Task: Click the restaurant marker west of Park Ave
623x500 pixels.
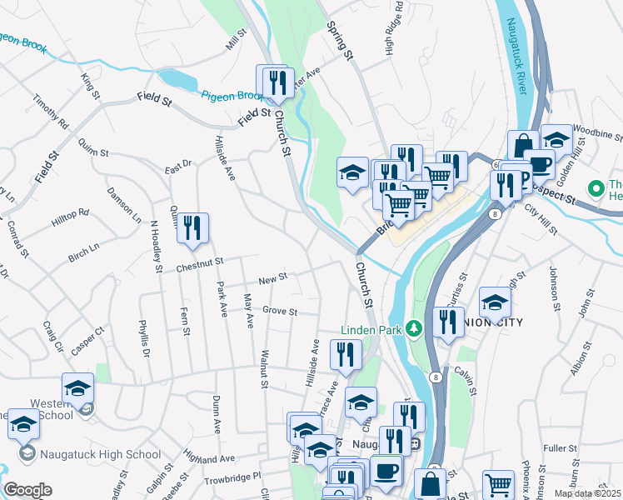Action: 192,228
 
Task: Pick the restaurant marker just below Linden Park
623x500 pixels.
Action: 344,356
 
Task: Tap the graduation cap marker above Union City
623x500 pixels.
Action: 495,303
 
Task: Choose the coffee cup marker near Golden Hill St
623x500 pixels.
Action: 538,165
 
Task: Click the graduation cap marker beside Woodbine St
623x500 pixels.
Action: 556,140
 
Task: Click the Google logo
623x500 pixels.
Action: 27,490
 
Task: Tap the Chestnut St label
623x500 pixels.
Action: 200,262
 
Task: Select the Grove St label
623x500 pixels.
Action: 280,312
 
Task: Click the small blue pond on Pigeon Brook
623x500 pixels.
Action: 177,82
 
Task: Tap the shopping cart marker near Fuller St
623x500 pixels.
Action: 497,484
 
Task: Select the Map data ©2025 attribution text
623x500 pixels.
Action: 588,493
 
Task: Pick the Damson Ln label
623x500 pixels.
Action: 124,204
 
